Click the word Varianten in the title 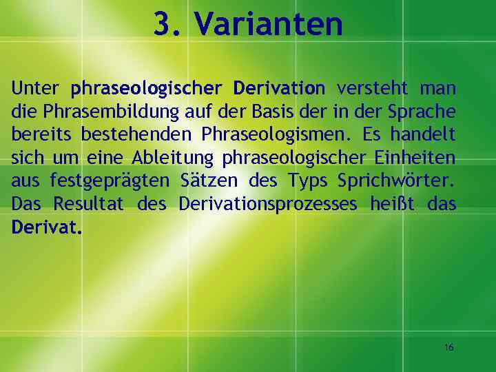click(x=268, y=25)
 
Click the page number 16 click(x=448, y=347)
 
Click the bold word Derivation click(x=278, y=89)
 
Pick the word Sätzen click(x=208, y=181)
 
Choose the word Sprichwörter click(x=396, y=182)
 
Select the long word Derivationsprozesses click(x=268, y=205)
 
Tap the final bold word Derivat click(x=46, y=227)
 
